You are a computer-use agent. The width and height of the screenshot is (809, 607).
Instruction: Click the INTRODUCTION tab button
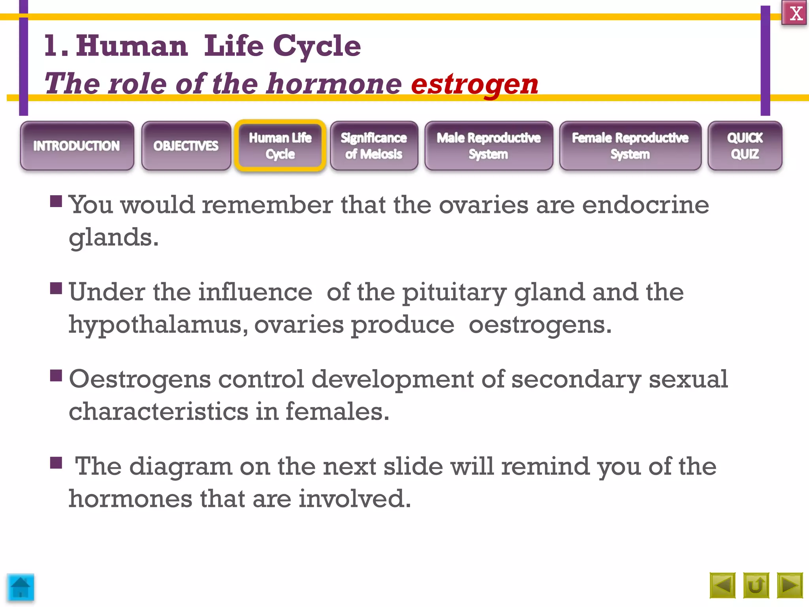pyautogui.click(x=77, y=146)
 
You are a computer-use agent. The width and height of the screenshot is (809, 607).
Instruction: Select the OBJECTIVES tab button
pyautogui.click(x=186, y=146)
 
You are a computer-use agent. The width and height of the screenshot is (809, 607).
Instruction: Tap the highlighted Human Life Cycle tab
pyautogui.click(x=280, y=146)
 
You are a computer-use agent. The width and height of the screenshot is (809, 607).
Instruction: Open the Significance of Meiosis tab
pyautogui.click(x=374, y=146)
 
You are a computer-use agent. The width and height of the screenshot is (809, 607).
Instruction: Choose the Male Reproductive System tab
pyautogui.click(x=489, y=146)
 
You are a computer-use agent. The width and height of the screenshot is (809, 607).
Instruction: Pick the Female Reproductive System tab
pyautogui.click(x=630, y=146)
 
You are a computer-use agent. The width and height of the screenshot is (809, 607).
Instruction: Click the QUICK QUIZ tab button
pyautogui.click(x=745, y=146)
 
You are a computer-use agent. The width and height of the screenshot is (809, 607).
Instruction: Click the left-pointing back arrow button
pyautogui.click(x=722, y=585)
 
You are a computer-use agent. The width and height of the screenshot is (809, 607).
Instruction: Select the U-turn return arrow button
pyautogui.click(x=756, y=585)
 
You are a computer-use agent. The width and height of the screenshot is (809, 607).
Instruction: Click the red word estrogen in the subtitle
pyautogui.click(x=474, y=84)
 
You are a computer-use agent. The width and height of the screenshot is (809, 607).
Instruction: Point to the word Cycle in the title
pyautogui.click(x=317, y=46)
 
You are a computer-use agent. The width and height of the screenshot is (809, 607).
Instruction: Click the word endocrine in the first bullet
pyautogui.click(x=645, y=205)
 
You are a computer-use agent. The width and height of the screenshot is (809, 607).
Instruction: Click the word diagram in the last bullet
pyautogui.click(x=181, y=466)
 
